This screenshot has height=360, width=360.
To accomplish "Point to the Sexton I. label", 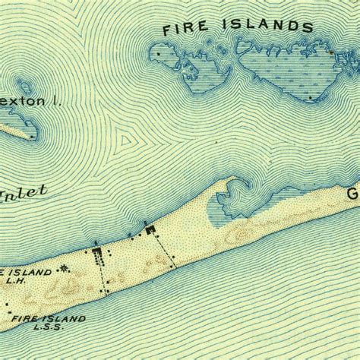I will click(22, 101).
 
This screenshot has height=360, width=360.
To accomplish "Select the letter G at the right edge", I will click(353, 194).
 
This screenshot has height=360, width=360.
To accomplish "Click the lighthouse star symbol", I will click(64, 267).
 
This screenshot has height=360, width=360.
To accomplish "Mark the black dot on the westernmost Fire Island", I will click(157, 55).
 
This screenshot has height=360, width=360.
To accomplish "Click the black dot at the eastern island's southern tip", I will click(311, 97).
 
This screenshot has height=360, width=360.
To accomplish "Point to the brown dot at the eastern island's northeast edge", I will click(332, 51).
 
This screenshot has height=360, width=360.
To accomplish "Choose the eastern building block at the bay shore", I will click(150, 229).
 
